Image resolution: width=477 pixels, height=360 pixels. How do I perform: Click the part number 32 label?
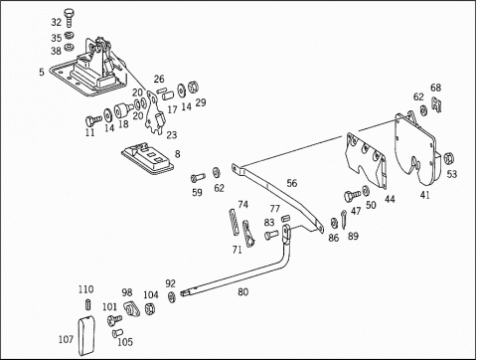pos(57,22)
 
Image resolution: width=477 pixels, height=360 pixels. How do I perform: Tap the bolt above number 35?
pos(69,18)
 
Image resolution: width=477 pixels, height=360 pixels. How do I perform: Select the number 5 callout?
pos(42,72)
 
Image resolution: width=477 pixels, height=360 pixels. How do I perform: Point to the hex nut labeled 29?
pos(193,88)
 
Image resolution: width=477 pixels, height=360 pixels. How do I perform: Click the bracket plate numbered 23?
pos(154,112)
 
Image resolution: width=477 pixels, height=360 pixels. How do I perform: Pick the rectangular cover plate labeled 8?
pos(147,158)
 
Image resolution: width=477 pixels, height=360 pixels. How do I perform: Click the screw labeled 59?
pos(198,177)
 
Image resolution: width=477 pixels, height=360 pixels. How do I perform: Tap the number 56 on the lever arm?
pos(292,183)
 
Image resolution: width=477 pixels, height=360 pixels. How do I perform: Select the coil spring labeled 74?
pos(235,222)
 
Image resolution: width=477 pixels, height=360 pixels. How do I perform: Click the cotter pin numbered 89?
pos(344,219)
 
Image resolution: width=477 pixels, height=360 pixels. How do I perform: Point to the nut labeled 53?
pos(448,158)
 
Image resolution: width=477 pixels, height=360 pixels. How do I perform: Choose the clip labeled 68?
pos(436,104)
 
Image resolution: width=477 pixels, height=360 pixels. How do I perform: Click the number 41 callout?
pos(425,195)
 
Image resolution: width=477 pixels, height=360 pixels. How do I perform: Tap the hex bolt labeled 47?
pos(352,195)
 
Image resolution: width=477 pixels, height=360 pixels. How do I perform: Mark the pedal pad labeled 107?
pos(85,336)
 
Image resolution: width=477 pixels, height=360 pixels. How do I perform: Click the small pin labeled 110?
pos(87,304)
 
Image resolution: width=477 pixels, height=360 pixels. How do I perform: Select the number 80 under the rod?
pos(243,292)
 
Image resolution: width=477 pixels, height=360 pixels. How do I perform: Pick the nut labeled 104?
pos(150,308)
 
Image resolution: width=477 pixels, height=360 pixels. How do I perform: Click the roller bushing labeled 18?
pos(122,110)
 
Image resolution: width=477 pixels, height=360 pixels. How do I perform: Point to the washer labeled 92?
pos(172,296)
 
